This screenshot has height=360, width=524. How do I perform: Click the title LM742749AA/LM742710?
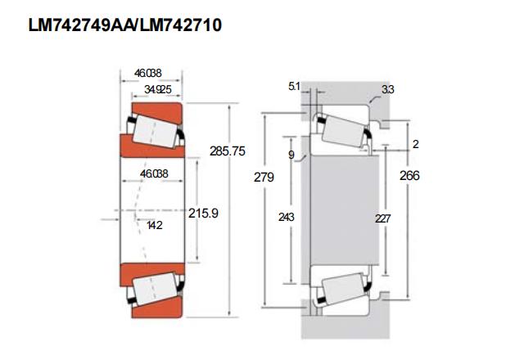[125, 25]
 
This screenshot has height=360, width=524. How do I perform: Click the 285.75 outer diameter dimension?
[228, 151]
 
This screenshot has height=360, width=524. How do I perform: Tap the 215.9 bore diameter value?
[203, 213]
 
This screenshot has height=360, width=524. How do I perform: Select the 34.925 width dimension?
[158, 89]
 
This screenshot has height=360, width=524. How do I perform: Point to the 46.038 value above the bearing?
[147, 73]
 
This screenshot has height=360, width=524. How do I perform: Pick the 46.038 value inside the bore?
[154, 173]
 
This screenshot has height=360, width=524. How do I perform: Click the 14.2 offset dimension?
[155, 226]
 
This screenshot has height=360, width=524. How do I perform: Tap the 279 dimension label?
[264, 177]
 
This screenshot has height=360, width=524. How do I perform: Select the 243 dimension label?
[287, 217]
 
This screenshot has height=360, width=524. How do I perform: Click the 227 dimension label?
[382, 218]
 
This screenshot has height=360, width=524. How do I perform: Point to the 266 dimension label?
[409, 176]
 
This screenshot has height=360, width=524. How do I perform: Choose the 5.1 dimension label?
[294, 87]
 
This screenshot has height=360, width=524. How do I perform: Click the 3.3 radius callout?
[388, 89]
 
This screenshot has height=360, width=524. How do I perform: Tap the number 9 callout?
[291, 155]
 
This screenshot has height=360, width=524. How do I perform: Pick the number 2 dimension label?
[415, 144]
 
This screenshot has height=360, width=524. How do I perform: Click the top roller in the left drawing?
[156, 131]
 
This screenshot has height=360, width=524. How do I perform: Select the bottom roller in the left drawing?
[156, 289]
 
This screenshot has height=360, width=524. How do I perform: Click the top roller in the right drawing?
[345, 131]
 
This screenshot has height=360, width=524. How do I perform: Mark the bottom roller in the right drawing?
[345, 289]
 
